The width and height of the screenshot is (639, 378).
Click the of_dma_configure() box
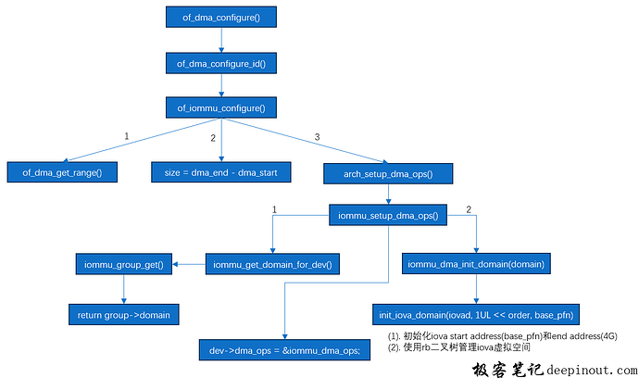point(220,17)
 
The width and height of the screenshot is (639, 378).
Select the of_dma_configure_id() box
point(220,63)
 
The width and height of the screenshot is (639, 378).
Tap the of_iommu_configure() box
point(220,108)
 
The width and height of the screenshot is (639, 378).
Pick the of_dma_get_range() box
point(62,172)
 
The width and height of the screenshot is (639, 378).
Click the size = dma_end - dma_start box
point(220,172)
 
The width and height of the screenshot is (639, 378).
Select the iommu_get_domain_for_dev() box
point(272,266)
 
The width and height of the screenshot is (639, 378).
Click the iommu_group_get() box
point(124,266)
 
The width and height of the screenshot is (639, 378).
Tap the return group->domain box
point(124,314)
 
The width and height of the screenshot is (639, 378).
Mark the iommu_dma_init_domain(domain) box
point(476,265)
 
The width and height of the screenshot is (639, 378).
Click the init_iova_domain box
point(476,314)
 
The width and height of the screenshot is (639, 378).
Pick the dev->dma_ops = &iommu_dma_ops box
point(284,349)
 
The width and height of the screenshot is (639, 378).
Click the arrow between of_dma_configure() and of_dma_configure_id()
point(220,40)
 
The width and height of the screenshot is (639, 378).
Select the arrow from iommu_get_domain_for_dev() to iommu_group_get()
point(189,266)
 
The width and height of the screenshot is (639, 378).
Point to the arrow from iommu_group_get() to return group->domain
point(124,290)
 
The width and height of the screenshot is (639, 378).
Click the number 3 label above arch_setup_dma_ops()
point(317,138)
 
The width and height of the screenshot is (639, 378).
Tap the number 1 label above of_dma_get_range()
point(127,137)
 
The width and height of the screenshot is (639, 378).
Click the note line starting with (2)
point(445,347)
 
